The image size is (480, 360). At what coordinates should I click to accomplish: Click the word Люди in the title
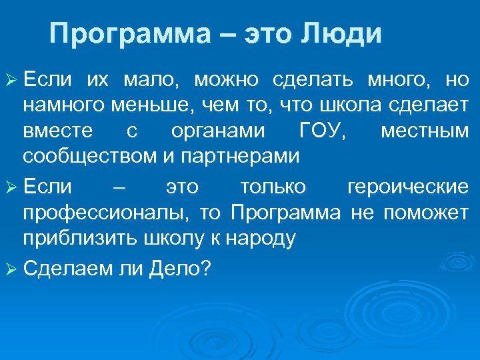click(344, 33)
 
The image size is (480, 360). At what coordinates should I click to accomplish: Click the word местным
click(425, 131)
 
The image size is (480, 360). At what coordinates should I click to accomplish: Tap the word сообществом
click(89, 157)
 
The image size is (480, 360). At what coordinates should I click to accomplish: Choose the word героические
click(408, 188)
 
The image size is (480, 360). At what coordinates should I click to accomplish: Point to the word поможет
click(433, 213)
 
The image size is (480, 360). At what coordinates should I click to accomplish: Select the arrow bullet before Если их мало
click(11, 81)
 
